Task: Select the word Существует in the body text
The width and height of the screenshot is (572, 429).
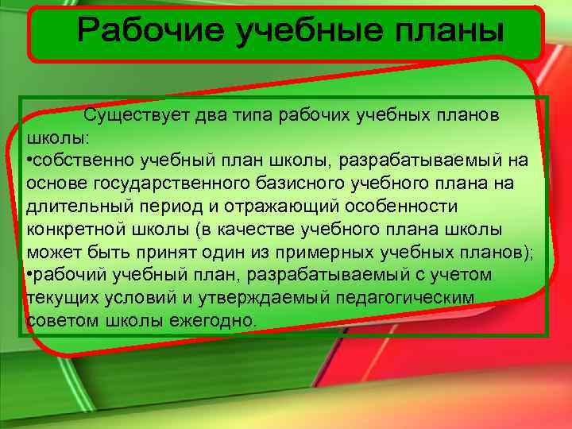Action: click(141, 115)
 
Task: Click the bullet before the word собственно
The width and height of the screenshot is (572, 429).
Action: click(29, 161)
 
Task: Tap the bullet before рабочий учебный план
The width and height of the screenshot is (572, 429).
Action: click(29, 275)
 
